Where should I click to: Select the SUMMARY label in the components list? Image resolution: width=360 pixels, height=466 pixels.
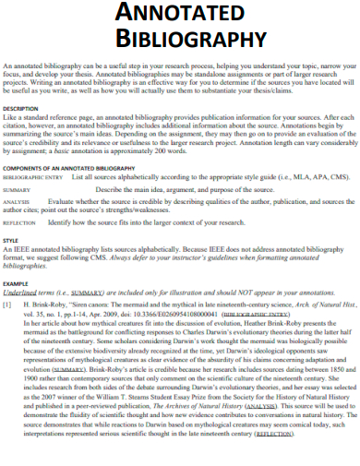pyautogui.click(x=18, y=188)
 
